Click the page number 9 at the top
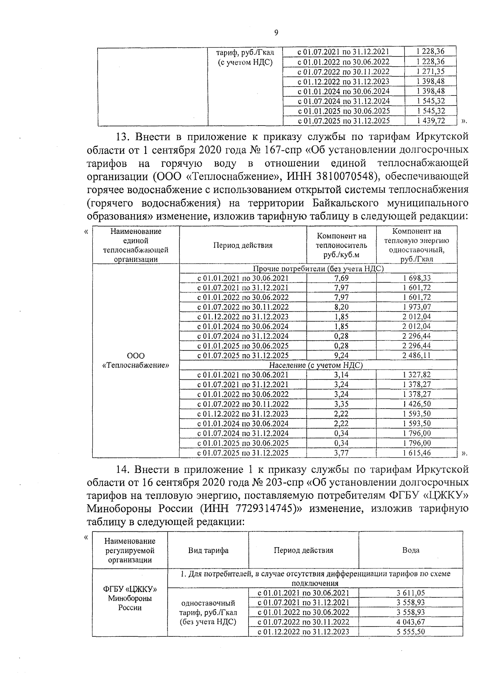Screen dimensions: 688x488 276,33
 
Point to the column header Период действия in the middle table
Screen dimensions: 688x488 243,245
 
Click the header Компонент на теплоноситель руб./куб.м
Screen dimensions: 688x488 341,245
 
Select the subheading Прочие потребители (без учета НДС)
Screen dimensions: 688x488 318,269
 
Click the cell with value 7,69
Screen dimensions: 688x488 341,278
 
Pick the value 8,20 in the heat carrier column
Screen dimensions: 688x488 341,307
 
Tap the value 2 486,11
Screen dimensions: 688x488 417,355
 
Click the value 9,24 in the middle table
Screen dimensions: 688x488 341,355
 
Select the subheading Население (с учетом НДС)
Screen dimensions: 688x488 316,365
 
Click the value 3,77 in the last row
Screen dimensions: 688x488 341,453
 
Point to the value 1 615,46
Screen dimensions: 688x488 417,453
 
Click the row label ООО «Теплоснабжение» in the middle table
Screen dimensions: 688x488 136,360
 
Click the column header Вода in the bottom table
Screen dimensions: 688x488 411,550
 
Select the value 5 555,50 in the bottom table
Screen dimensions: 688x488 411,631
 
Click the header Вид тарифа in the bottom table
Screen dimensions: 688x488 208,550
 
